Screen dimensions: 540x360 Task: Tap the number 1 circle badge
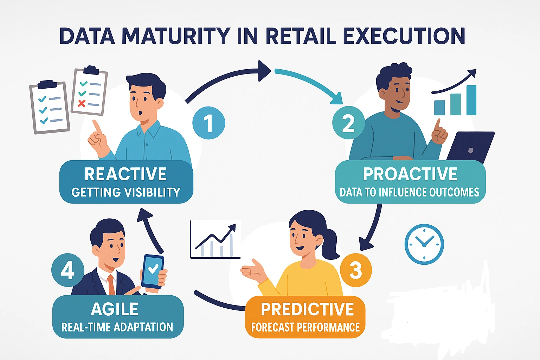(209, 123)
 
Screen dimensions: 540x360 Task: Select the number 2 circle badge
(348, 122)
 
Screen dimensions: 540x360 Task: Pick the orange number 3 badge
(355, 270)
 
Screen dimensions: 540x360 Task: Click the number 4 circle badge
(68, 270)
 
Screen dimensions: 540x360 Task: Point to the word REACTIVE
(126, 174)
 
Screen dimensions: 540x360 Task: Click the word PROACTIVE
(410, 174)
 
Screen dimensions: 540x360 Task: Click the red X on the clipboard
(82, 103)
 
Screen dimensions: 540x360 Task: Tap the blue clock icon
(424, 244)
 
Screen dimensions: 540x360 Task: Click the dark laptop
(470, 148)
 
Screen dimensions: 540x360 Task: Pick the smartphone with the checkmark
(153, 271)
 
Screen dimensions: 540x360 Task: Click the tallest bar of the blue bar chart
(471, 100)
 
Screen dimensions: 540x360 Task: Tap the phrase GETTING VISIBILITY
(126, 192)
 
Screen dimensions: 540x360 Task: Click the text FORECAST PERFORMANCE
(306, 327)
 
